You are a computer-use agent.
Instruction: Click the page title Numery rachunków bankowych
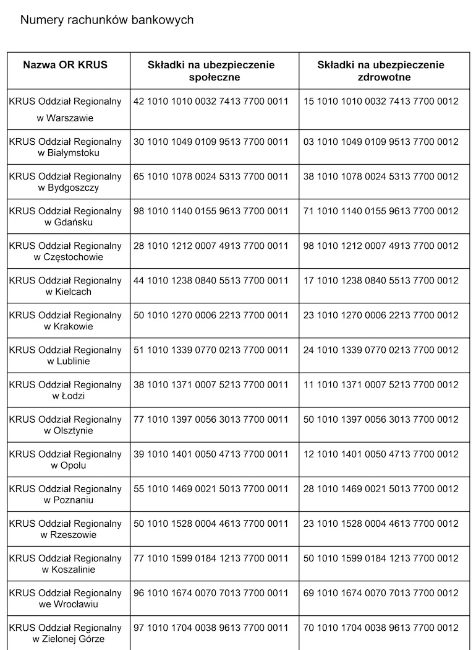(x=107, y=20)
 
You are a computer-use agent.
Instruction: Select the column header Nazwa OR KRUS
(x=65, y=65)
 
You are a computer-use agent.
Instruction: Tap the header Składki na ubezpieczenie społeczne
(x=211, y=71)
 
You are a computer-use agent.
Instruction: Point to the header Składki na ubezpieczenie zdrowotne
(x=381, y=71)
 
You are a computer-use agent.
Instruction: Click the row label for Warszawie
(x=65, y=110)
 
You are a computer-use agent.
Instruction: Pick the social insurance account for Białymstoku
(x=211, y=142)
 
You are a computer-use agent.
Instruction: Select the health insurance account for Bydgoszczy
(x=381, y=176)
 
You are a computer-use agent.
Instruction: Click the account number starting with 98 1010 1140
(x=211, y=211)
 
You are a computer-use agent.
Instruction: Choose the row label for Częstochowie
(x=65, y=251)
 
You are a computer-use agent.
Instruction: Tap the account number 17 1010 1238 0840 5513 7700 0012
(x=381, y=280)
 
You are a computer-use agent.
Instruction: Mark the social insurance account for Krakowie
(x=211, y=315)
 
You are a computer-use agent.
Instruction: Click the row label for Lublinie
(x=65, y=355)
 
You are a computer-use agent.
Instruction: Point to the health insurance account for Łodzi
(x=381, y=384)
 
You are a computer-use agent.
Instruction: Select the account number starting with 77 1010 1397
(x=211, y=419)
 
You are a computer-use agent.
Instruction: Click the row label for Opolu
(x=65, y=459)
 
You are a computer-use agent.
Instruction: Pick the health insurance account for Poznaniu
(x=381, y=488)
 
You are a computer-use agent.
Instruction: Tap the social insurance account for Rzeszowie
(x=211, y=523)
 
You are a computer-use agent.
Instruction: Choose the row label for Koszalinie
(x=65, y=563)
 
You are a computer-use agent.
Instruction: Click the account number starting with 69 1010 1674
(x=381, y=592)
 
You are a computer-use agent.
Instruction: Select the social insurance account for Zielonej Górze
(x=211, y=627)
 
